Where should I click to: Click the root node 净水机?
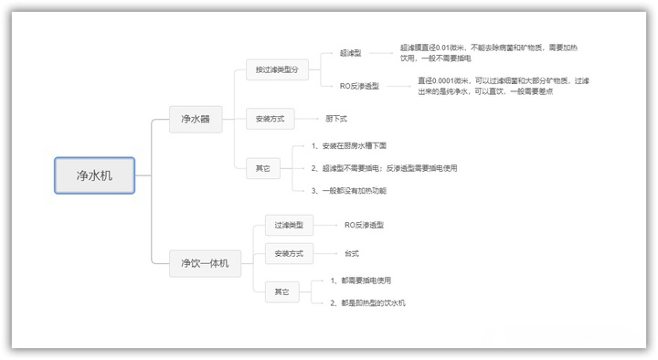coord(94,175)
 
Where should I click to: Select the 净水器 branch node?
coord(195,118)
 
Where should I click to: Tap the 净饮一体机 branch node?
coord(204,264)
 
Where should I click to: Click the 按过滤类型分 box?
coord(276,70)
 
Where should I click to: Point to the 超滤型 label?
coord(350,54)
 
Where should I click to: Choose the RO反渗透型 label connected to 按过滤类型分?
coord(360,87)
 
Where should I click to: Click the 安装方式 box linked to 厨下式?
coord(270,118)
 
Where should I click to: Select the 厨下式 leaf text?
coord(336,119)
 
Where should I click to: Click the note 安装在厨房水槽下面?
coord(349,146)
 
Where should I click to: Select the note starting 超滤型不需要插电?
coord(384,168)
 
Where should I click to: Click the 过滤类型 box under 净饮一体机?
coord(289,224)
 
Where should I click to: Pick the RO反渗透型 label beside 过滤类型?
coord(364,224)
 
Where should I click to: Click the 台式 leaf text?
coord(352,252)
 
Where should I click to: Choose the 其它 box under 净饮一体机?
coord(281,291)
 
